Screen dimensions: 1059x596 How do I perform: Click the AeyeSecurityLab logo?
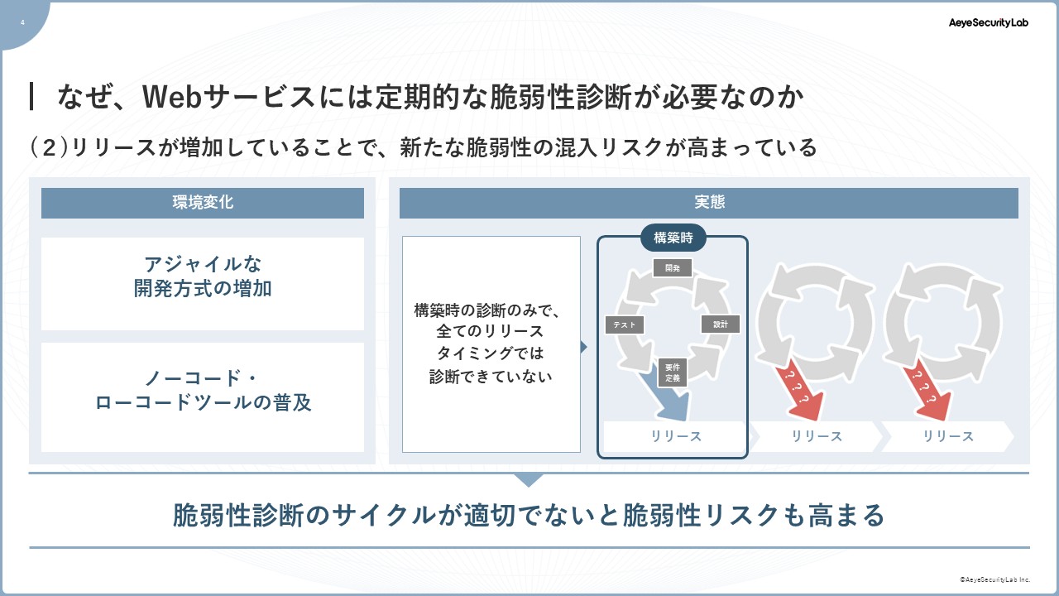(988, 22)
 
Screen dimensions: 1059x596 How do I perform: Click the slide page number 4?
(22, 22)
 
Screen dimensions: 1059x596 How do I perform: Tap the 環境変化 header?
(203, 203)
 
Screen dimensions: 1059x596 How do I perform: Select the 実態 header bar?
(709, 203)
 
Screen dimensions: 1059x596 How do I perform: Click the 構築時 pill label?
(673, 238)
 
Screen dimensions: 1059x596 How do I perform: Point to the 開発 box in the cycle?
(673, 267)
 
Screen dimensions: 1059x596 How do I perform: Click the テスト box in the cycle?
(624, 324)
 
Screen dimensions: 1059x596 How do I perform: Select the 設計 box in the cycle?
(720, 324)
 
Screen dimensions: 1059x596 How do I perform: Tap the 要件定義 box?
(673, 372)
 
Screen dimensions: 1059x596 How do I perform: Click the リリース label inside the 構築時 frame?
(676, 436)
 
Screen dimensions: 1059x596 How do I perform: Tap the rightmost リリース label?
(948, 436)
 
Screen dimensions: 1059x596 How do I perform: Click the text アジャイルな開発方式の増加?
(203, 276)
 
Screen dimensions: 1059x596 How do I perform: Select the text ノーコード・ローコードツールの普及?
(203, 390)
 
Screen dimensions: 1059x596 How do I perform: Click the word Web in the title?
(172, 97)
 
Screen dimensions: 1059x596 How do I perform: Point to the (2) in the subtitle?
(49, 147)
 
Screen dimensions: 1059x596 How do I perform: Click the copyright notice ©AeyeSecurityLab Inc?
(994, 579)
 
